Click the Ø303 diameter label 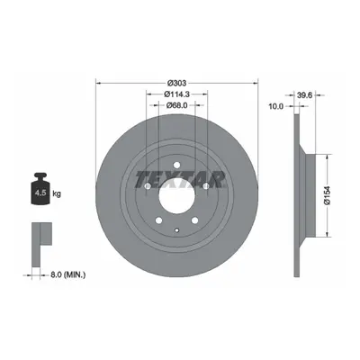[x=177, y=83]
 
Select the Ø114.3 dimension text [x=177, y=94]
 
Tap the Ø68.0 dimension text [x=177, y=105]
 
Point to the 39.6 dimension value [x=305, y=95]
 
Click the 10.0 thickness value [x=275, y=106]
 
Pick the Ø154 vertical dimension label [x=328, y=195]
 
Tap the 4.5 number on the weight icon [x=40, y=193]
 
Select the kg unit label [x=57, y=193]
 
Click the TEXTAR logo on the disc [x=180, y=179]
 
